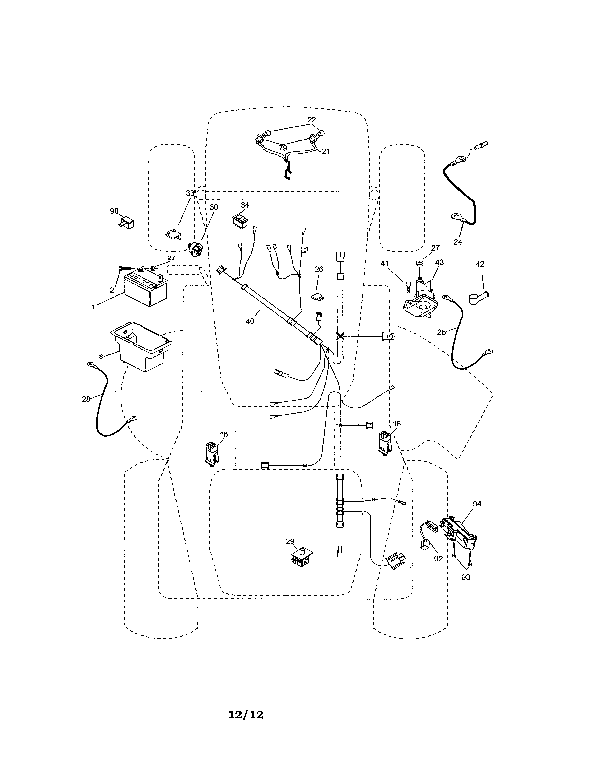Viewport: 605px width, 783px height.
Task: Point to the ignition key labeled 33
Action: click(173, 234)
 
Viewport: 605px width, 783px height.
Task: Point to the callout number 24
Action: click(458, 242)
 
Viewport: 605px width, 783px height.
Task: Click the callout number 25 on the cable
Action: click(441, 332)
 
